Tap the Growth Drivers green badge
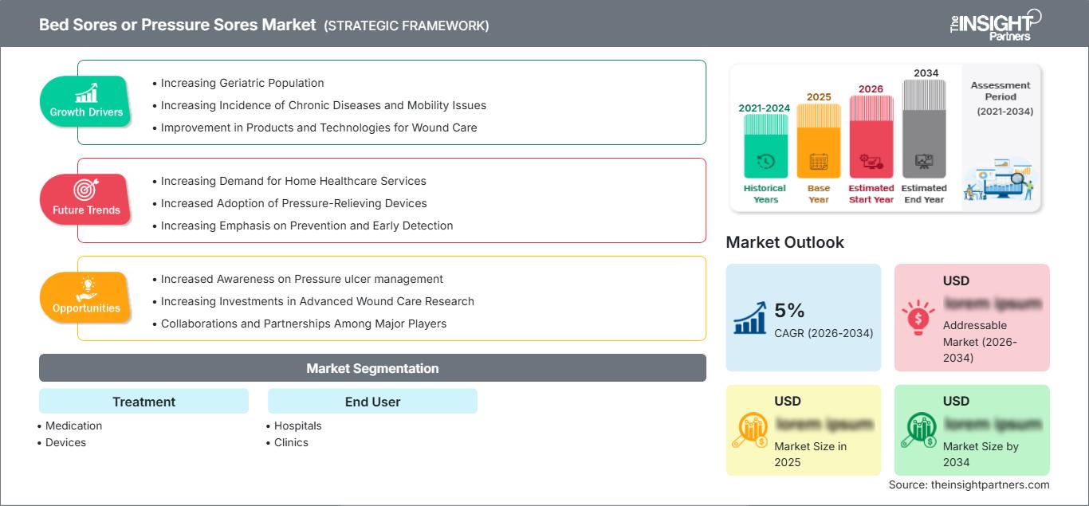click(x=85, y=101)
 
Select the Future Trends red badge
click(x=85, y=199)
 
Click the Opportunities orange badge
click(x=85, y=297)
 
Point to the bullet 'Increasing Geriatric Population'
click(x=242, y=83)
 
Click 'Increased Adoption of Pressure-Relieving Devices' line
click(x=293, y=203)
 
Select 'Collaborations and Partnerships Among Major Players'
click(x=303, y=324)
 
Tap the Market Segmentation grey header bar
click(x=372, y=368)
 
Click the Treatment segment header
click(x=143, y=402)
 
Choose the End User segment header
click(x=372, y=402)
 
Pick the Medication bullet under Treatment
click(x=73, y=426)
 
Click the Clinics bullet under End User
click(x=291, y=442)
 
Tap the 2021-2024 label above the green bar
click(x=765, y=108)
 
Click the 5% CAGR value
click(x=789, y=311)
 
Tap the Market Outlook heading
click(x=784, y=242)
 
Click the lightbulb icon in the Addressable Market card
click(x=917, y=317)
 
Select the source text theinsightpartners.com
click(x=969, y=484)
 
